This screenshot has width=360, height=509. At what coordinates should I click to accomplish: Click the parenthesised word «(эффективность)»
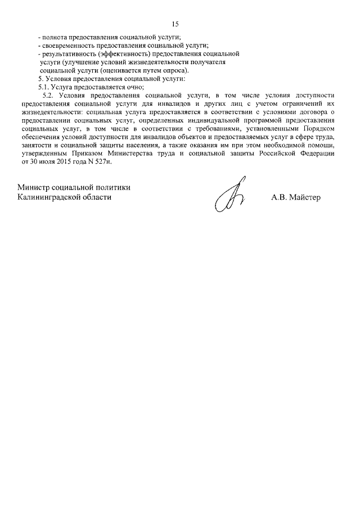[125, 53]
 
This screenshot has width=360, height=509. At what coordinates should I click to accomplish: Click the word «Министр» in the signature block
[35, 187]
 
